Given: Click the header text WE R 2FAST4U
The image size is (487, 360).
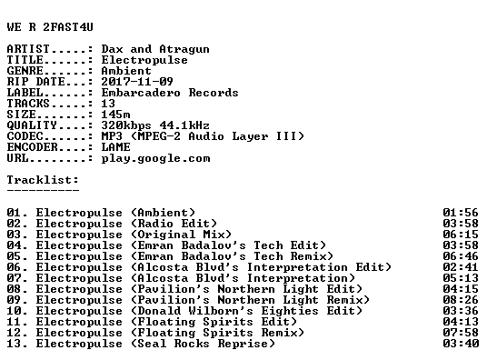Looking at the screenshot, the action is [50, 27].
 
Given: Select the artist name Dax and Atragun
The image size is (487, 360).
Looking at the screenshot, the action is [155, 49].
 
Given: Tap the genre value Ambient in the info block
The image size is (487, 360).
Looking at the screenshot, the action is [126, 71].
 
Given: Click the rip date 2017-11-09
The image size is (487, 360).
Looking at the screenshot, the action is [137, 82].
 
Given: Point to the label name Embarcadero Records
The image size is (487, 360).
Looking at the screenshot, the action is [170, 93].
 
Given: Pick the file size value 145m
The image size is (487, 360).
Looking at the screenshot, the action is [115, 115].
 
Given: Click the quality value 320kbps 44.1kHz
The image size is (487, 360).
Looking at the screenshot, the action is [155, 125].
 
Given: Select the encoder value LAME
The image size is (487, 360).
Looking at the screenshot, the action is [115, 147].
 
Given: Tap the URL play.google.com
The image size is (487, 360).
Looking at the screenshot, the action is [155, 158].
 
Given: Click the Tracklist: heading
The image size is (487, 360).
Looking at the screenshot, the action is [43, 180].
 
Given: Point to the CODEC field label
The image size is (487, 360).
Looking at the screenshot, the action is [25, 136].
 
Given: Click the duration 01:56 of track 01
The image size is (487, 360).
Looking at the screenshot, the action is [461, 213].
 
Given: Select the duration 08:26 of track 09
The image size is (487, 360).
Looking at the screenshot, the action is [461, 300].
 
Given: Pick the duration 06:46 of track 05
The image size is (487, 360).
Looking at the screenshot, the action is [461, 256].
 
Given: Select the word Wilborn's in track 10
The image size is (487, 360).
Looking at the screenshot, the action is [221, 311].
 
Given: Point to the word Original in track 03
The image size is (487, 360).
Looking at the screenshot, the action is [166, 235].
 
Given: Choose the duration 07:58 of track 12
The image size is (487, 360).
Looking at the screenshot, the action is [461, 333].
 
